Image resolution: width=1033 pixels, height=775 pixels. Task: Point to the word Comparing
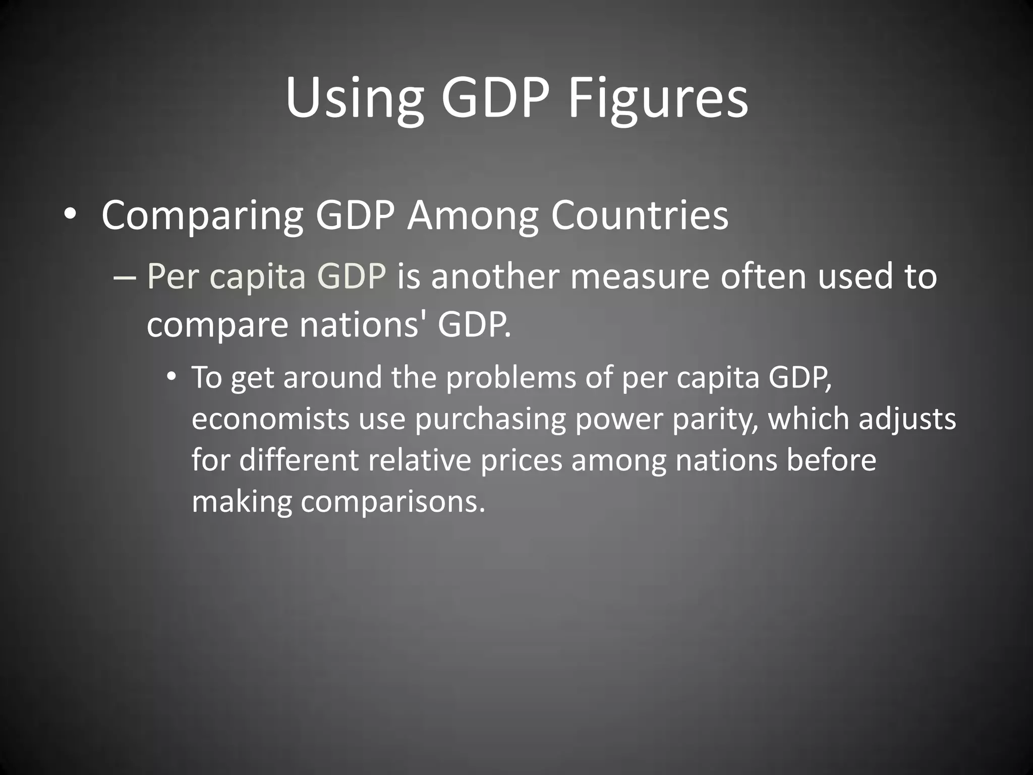pos(202,216)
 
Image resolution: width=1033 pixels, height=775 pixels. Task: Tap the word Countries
pos(639,215)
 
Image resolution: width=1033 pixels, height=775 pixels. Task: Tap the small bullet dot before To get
pos(172,376)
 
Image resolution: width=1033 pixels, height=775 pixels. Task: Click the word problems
pos(511,377)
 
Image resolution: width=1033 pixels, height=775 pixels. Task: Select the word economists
pos(270,419)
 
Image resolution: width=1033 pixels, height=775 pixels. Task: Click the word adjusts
pos(907,420)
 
